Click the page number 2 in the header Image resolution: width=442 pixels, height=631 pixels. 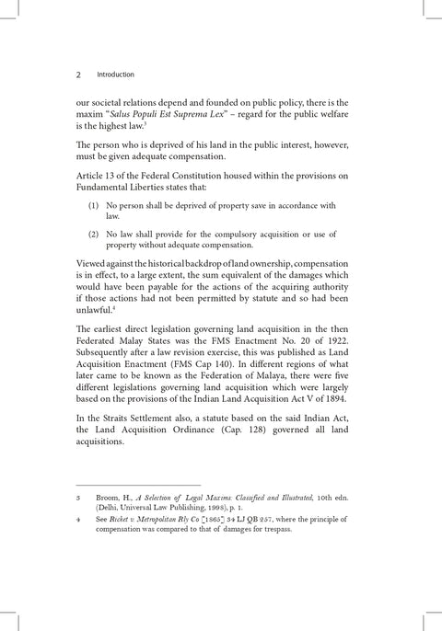tap(79, 75)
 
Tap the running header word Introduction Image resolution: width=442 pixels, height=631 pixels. tap(116, 75)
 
